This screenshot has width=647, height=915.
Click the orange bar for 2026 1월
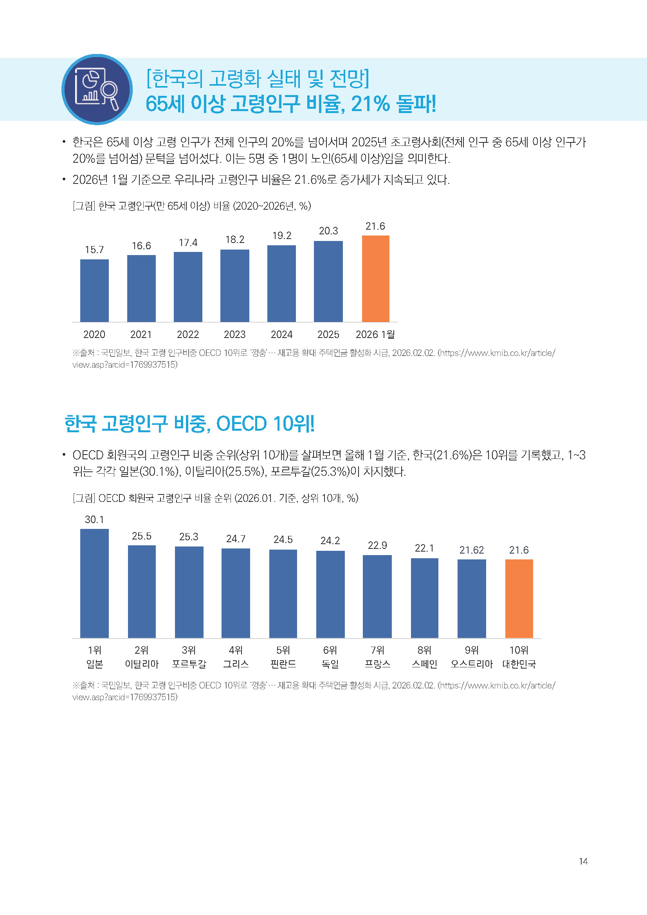pyautogui.click(x=375, y=279)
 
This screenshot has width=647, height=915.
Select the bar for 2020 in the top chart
pyautogui.click(x=94, y=291)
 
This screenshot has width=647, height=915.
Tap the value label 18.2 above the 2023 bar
pyautogui.click(x=235, y=239)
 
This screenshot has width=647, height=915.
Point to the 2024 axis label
pyautogui.click(x=281, y=334)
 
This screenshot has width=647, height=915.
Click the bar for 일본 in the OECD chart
pyautogui.click(x=94, y=583)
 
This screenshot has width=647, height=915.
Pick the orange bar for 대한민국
pyautogui.click(x=519, y=599)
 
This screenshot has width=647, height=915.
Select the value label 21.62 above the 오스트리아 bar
pyautogui.click(x=472, y=550)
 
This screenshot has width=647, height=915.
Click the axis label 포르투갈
pyautogui.click(x=189, y=664)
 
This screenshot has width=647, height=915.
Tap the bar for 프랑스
pyautogui.click(x=377, y=597)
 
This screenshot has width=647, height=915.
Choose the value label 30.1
pyautogui.click(x=94, y=519)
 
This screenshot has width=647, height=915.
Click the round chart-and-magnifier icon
pyautogui.click(x=97, y=89)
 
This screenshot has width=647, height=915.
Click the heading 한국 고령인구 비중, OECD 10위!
pyautogui.click(x=189, y=423)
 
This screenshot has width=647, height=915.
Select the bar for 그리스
pyautogui.click(x=236, y=593)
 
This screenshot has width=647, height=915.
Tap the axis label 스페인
pyautogui.click(x=425, y=664)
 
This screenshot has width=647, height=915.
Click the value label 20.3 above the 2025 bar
pyautogui.click(x=328, y=231)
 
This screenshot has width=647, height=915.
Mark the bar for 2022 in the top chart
pyautogui.click(x=188, y=287)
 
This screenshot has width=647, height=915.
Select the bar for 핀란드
pyautogui.click(x=283, y=594)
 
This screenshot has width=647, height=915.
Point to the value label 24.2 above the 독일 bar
pyautogui.click(x=330, y=540)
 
